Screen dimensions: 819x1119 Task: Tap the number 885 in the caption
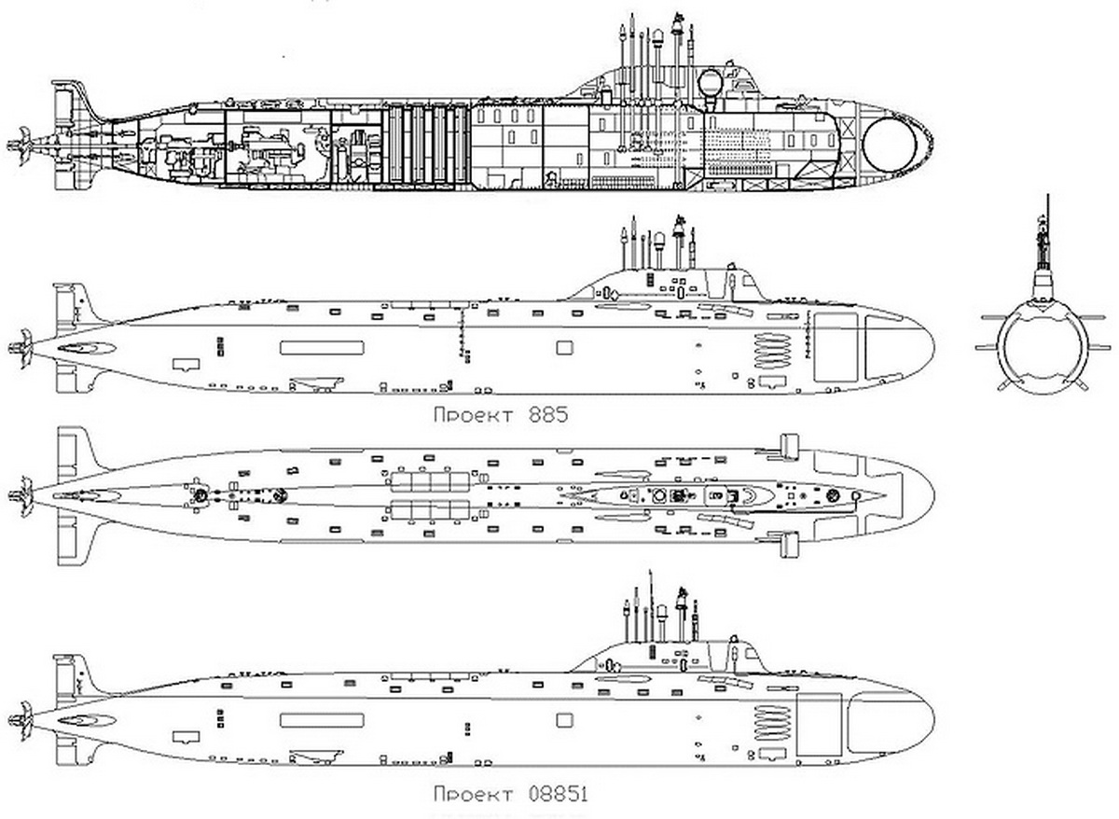543,415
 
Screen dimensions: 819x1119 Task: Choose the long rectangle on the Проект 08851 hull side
321,720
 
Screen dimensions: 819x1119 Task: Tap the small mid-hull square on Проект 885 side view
563,348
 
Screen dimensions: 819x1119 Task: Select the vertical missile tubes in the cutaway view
427,145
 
